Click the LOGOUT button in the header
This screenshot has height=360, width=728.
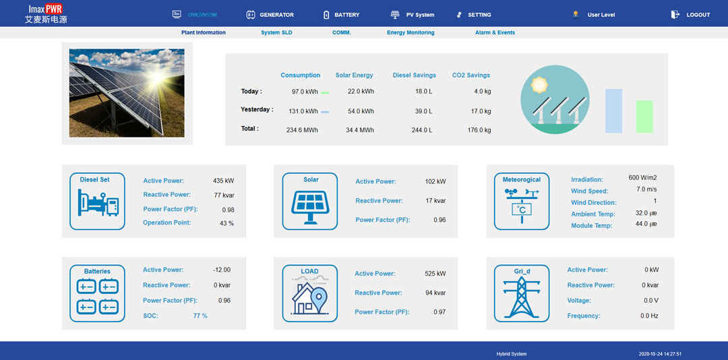697,15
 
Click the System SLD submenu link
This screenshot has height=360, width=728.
276,32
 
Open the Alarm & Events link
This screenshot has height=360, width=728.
495,32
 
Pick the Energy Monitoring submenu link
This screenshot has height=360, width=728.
411,32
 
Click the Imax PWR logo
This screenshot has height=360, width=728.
46,14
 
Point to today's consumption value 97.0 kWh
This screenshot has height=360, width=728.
305,92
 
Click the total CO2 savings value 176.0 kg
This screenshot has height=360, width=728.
479,130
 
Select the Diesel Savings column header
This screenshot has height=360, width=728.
415,76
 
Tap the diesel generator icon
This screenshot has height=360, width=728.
98,203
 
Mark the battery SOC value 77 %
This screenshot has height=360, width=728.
200,316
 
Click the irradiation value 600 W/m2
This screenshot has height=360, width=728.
642,178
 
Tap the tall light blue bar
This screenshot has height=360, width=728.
613,111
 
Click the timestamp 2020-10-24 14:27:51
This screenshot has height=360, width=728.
660,354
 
